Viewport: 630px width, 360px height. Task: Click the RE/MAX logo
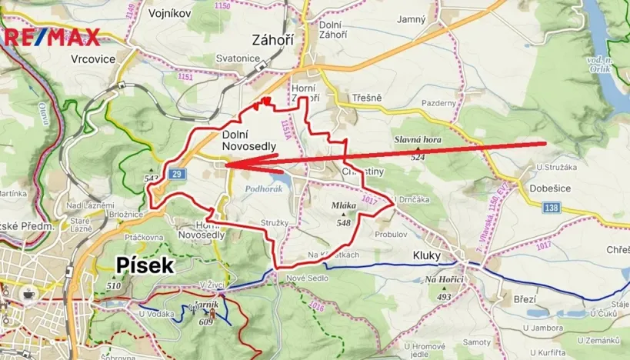point(50,36)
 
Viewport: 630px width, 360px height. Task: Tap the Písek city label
point(145,265)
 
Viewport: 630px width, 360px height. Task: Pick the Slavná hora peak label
point(417,139)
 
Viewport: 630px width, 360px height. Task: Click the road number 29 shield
point(178,174)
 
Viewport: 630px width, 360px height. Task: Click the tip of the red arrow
point(226,165)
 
